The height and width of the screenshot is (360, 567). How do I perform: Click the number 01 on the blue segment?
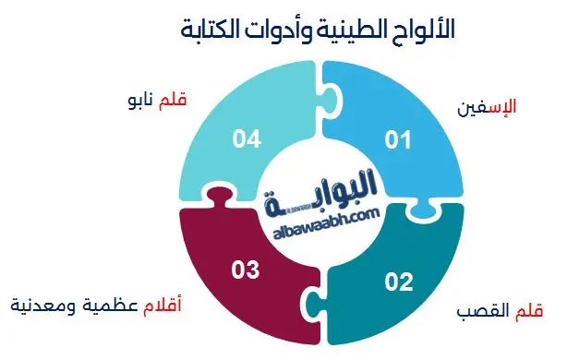point(396,140)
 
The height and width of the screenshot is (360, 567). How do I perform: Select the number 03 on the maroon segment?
point(245,270)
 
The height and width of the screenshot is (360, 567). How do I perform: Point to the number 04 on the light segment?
point(246,140)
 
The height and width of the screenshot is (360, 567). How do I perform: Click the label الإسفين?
point(486,107)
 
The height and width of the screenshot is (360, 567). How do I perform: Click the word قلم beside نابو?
point(174,98)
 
